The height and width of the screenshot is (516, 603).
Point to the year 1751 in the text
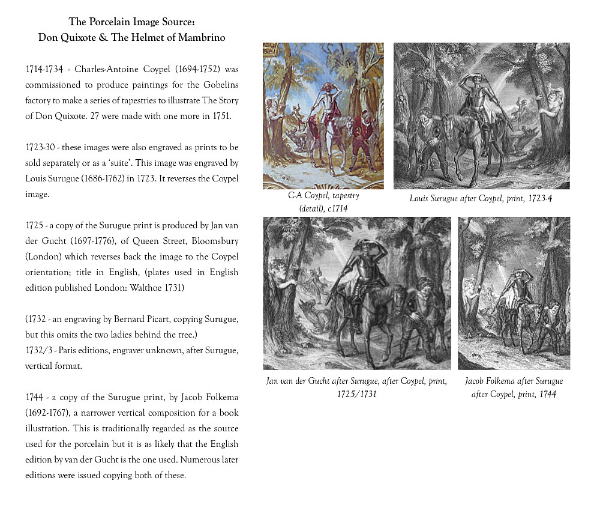coord(219,116)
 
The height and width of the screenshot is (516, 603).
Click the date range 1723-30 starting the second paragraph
coord(42,147)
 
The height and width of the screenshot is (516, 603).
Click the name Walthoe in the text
coord(141,288)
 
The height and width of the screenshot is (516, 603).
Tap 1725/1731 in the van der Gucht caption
coord(356,395)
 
